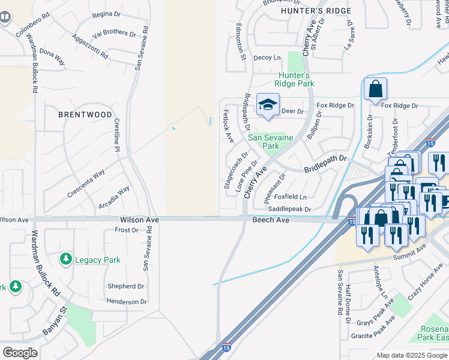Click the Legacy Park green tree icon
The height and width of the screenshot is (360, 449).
pos(65,259)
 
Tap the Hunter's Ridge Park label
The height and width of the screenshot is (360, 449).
pos(295,79)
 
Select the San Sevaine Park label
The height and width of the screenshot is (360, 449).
pos(271,142)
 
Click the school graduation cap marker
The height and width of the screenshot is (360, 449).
pos(268,106)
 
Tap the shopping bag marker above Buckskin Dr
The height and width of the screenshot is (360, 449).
pos(375,90)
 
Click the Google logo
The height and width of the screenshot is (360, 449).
pos(20,353)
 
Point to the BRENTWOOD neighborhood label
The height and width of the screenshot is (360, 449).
pos(85,114)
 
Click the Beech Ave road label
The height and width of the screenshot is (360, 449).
pos(271,221)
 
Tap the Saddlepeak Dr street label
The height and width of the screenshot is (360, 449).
pos(289,209)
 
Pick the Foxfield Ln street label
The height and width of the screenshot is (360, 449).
pos(291,197)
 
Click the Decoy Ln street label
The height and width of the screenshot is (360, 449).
pos(267,58)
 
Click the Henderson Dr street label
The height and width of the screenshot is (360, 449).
pos(127,302)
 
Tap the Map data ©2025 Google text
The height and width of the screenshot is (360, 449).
pos(412,355)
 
